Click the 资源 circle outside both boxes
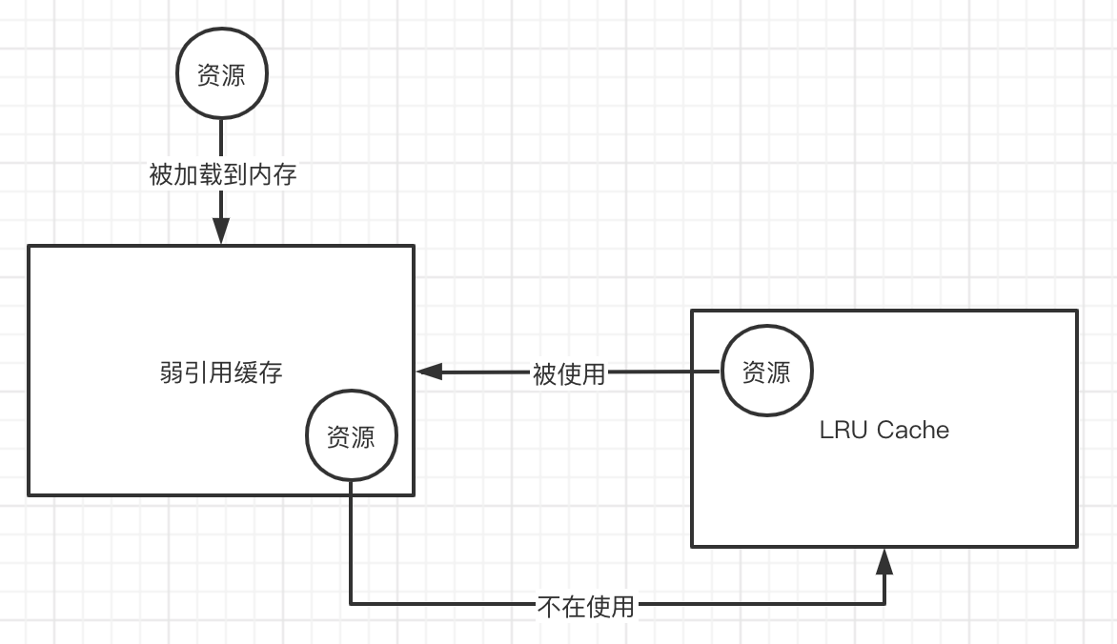221,75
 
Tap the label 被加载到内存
223,175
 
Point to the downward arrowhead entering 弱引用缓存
221,231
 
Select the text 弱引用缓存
221,372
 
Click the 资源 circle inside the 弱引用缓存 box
351,437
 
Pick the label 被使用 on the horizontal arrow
569,373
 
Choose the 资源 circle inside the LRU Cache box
766,372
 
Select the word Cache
912,430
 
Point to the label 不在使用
585,605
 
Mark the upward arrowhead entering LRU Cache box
884,562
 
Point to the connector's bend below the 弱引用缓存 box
351,603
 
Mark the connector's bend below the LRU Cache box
884,603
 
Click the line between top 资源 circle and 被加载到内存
221,139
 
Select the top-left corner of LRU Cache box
693,312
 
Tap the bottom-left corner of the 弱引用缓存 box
30,493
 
